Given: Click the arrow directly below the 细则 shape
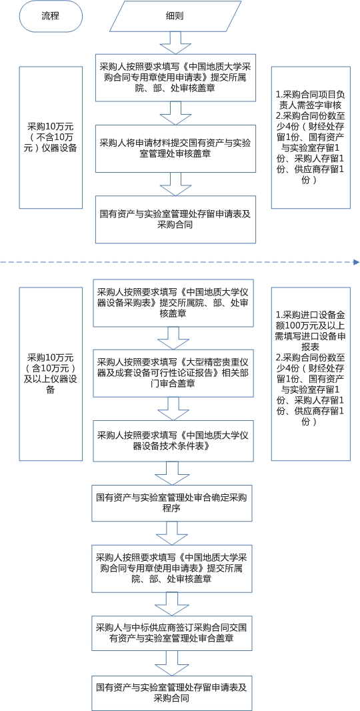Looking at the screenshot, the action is pyautogui.click(x=175, y=43).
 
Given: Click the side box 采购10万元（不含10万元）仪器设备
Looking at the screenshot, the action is pyautogui.click(x=51, y=137).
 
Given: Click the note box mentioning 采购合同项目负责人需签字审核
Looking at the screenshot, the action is pyautogui.click(x=311, y=137).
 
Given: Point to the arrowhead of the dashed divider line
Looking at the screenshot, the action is pyautogui.click(x=357, y=262).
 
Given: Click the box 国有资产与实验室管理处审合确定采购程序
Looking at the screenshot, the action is pyautogui.click(x=172, y=502).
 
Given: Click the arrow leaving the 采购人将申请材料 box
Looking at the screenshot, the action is pyautogui.click(x=175, y=183).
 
